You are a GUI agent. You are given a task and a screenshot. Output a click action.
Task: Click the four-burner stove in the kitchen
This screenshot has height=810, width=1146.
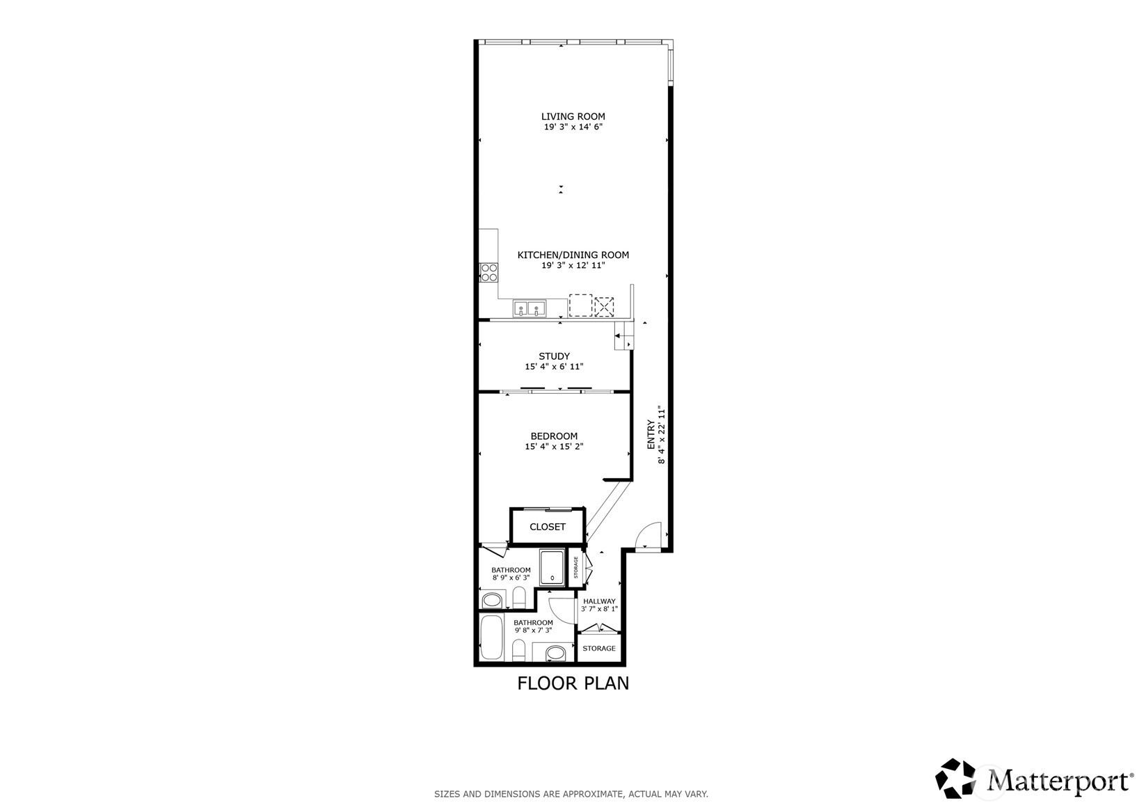point(489,272)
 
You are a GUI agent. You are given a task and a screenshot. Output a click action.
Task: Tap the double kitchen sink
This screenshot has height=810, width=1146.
point(530,308)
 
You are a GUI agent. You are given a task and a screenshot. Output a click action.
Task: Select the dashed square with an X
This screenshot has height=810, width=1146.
point(604,306)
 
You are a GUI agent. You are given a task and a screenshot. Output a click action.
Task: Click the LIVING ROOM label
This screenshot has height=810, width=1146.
point(573,116)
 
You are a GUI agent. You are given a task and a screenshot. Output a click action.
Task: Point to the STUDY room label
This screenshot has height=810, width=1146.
point(554,356)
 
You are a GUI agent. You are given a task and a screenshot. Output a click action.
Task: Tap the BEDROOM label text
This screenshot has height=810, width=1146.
point(554,436)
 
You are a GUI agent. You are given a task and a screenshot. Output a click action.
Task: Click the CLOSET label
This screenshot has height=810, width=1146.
point(548,527)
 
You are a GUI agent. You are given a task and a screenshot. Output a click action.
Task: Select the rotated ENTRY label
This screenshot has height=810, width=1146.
point(651,436)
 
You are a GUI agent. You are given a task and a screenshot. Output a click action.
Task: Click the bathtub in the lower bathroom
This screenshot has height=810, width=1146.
point(492,638)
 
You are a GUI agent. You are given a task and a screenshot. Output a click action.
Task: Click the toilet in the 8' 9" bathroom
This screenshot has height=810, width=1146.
point(518,597)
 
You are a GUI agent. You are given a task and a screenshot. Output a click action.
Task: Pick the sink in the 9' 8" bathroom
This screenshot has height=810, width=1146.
point(555,653)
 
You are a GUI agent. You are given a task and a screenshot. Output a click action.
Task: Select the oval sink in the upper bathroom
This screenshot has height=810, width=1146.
point(493,599)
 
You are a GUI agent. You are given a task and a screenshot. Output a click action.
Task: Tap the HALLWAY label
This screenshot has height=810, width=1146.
point(599,601)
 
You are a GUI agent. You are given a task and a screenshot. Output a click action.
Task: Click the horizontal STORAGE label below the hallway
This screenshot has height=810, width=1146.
point(599,649)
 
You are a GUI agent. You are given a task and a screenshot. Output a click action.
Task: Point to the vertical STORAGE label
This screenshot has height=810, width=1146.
point(576,568)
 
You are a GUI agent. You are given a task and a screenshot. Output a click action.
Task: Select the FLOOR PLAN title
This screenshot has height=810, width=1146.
point(573,683)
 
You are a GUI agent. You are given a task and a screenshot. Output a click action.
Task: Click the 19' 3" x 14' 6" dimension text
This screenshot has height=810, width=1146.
point(573,127)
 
